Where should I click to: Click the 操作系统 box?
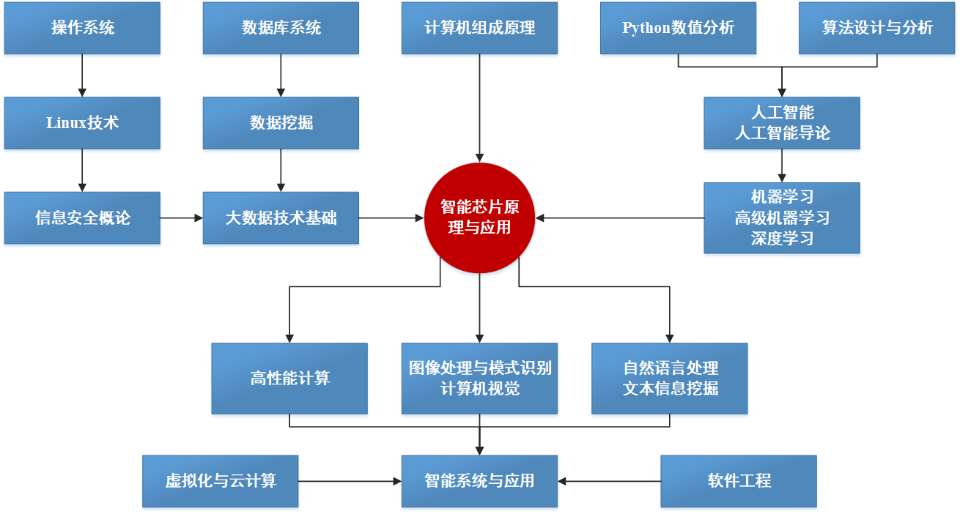pyautogui.click(x=82, y=28)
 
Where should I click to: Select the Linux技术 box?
pyautogui.click(x=82, y=123)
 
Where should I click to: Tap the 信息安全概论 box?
pyautogui.click(x=82, y=218)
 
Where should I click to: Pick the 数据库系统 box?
pyautogui.click(x=281, y=28)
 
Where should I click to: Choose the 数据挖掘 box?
pyautogui.click(x=281, y=123)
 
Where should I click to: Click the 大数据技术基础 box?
pyautogui.click(x=281, y=218)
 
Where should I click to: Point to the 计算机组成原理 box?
pyautogui.click(x=479, y=28)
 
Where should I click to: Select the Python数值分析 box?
pyautogui.click(x=679, y=28)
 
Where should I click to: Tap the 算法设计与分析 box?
pyautogui.click(x=877, y=28)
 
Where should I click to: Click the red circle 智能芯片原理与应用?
pyautogui.click(x=479, y=218)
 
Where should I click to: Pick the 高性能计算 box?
pyautogui.click(x=289, y=379)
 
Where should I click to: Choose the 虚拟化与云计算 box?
pyautogui.click(x=221, y=482)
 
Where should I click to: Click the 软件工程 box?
pyautogui.click(x=739, y=482)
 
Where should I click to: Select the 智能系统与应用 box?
pyautogui.click(x=479, y=482)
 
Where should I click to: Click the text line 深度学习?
pyautogui.click(x=782, y=239)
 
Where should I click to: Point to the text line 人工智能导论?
pyautogui.click(x=783, y=133)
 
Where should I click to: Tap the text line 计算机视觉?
pyautogui.click(x=480, y=389)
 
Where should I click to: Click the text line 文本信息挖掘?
pyautogui.click(x=671, y=389)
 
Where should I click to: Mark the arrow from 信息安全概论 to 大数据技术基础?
pyautogui.click(x=182, y=218)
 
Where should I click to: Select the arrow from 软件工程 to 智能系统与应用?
pyautogui.click(x=610, y=482)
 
